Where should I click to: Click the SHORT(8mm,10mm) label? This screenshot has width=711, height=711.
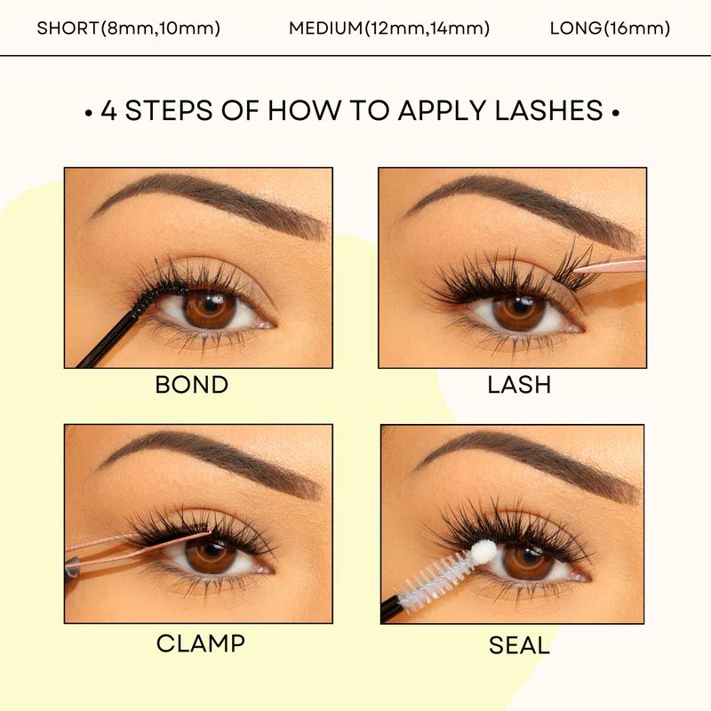(x=129, y=28)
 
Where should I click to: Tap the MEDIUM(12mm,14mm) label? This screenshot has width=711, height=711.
(x=389, y=28)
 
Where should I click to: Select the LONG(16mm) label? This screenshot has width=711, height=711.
(x=610, y=28)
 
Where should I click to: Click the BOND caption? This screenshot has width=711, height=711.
(x=191, y=385)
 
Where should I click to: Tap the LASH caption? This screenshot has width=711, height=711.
(x=519, y=384)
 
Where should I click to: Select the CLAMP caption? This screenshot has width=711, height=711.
(x=201, y=643)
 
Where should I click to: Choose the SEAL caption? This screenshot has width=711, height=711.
(x=519, y=645)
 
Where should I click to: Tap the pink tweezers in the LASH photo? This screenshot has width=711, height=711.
(x=613, y=264)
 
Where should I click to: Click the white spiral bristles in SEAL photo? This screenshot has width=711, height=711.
(x=435, y=582)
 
